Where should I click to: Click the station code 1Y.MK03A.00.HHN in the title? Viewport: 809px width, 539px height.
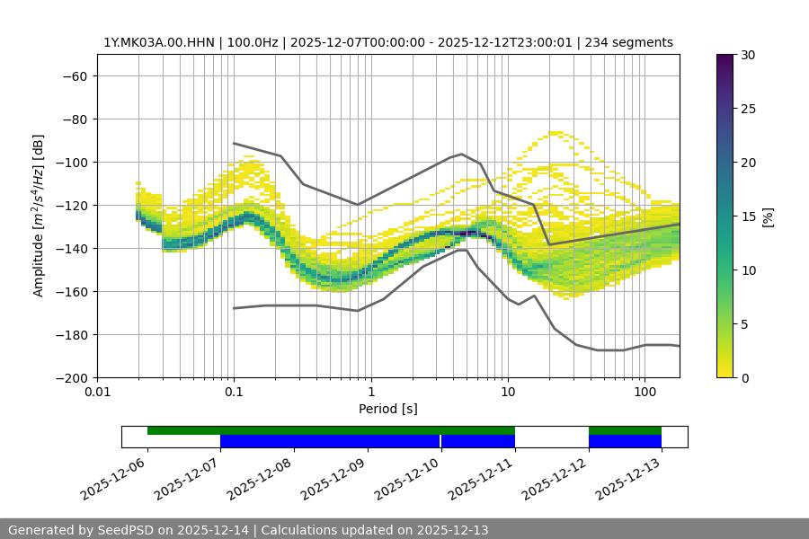tap(158, 42)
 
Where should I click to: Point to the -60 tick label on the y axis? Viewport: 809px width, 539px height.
tap(74, 75)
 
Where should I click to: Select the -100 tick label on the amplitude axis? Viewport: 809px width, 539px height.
tap(70, 162)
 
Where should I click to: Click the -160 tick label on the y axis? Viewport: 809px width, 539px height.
tap(70, 291)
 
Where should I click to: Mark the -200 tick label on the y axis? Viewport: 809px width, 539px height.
tap(70, 377)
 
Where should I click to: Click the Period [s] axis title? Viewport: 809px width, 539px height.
tap(387, 409)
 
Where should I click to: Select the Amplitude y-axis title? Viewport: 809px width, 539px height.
tap(39, 216)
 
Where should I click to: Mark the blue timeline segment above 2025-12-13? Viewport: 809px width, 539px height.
tap(626, 441)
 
